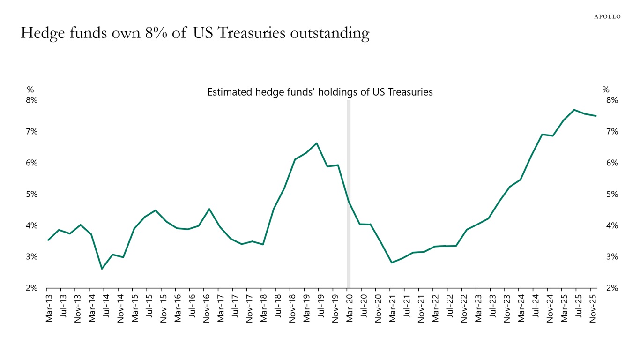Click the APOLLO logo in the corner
pyautogui.click(x=607, y=16)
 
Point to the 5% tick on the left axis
pyautogui.click(x=31, y=194)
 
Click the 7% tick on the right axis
pyautogui.click(x=612, y=132)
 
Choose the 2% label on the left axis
pyautogui.click(x=31, y=288)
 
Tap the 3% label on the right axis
pyautogui.click(x=612, y=257)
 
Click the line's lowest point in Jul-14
pyautogui.click(x=102, y=269)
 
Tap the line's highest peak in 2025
pyautogui.click(x=574, y=110)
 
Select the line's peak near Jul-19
pyautogui.click(x=317, y=143)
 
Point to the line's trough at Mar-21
pyautogui.click(x=391, y=262)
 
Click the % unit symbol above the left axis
pyautogui.click(x=30, y=90)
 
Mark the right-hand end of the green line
pyautogui.click(x=596, y=116)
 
